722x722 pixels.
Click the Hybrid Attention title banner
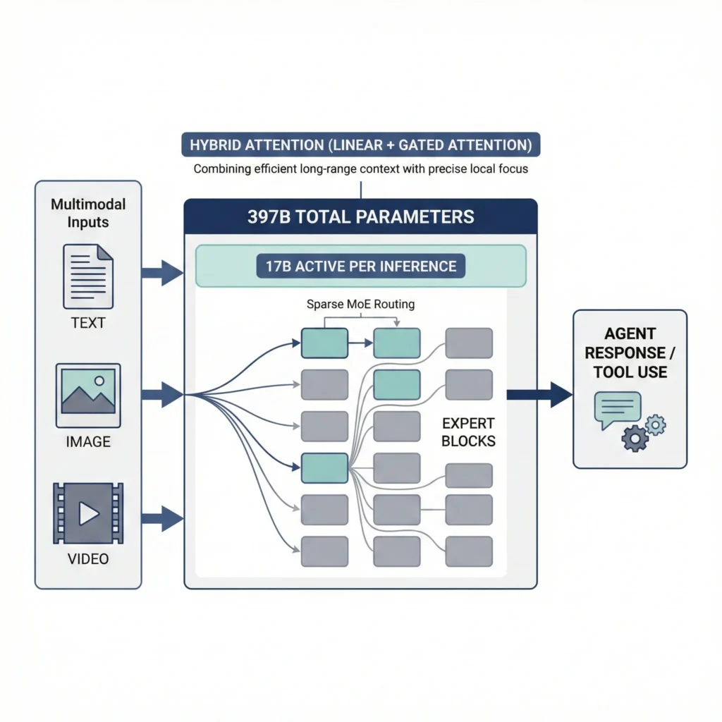[361, 145]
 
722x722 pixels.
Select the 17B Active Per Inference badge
[361, 267]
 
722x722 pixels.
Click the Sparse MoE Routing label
[361, 305]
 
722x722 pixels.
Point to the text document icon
[88, 276]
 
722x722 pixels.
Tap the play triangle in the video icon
[89, 513]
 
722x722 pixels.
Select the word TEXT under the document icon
[88, 324]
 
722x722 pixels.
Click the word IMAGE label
[88, 442]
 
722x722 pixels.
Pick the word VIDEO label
[88, 559]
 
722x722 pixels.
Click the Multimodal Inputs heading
[88, 212]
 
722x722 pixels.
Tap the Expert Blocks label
[469, 432]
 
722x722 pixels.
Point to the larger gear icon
[635, 439]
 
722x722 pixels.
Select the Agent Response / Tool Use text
[630, 352]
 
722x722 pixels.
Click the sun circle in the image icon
[99, 380]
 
